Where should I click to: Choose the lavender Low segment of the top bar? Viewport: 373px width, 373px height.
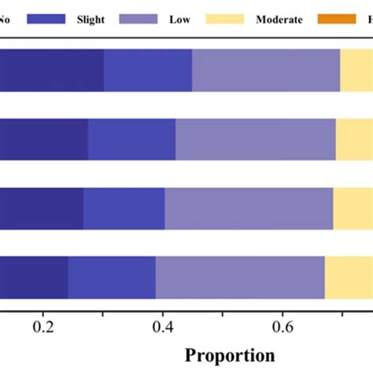(x=266, y=70)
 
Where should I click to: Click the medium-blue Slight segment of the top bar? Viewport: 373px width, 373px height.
(x=148, y=70)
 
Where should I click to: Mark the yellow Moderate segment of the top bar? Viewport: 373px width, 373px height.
(x=356, y=70)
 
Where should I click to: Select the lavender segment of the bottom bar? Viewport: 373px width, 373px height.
(x=240, y=278)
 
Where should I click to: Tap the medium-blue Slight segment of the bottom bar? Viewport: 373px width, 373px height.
(x=112, y=278)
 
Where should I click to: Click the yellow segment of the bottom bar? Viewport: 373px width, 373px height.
(x=349, y=278)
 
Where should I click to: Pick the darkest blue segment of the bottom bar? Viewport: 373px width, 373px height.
(x=34, y=278)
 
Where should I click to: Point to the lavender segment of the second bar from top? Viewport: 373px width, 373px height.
(x=256, y=139)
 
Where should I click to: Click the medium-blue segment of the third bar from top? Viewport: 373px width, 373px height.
(x=124, y=209)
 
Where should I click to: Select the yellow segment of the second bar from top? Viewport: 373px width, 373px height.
(x=354, y=139)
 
